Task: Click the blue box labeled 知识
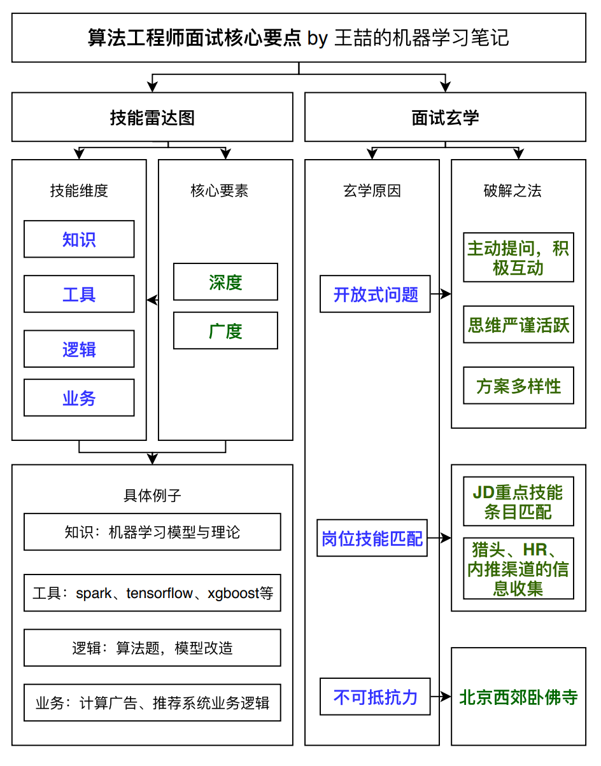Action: tap(79, 239)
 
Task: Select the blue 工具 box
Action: tap(79, 294)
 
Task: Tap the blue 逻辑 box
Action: tap(79, 349)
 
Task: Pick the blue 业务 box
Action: tap(79, 398)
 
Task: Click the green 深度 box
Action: tap(225, 282)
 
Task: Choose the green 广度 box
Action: tap(225, 331)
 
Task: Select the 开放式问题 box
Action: tap(375, 294)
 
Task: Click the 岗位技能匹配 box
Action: tap(372, 538)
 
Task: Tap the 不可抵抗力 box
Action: tap(375, 697)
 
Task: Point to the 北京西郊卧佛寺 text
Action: tap(518, 697)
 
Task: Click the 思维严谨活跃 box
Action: tap(518, 324)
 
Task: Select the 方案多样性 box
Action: tap(518, 386)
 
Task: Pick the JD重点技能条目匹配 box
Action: tap(518, 501)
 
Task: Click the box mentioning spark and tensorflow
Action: tap(152, 593)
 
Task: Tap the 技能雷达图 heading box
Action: tap(152, 117)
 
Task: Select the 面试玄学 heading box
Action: tap(445, 117)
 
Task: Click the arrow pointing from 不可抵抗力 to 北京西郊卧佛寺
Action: tap(441, 697)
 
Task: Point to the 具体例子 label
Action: tap(152, 495)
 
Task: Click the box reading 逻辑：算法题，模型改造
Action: tap(152, 648)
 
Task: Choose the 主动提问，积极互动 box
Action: tap(518, 257)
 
